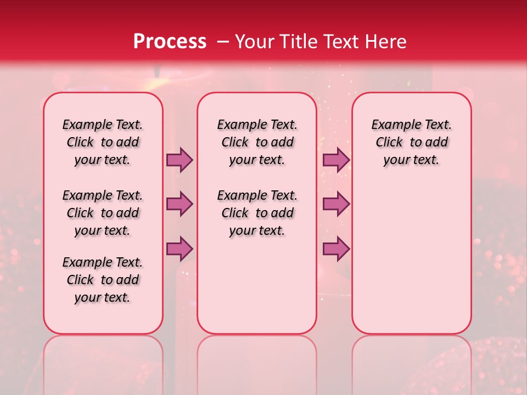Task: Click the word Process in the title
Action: (x=170, y=42)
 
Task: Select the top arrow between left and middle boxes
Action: (x=180, y=160)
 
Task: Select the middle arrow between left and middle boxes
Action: (x=180, y=204)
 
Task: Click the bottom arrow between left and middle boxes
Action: (x=180, y=249)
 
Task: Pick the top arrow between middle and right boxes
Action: (x=336, y=160)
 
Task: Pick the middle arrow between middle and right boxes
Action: (x=336, y=204)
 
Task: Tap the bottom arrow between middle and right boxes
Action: (x=336, y=249)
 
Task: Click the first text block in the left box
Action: (x=103, y=142)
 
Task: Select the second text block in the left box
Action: (x=103, y=213)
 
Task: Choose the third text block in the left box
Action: (x=103, y=280)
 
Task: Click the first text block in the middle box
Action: (x=257, y=142)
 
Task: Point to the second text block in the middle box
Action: (x=257, y=213)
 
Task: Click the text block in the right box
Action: (x=412, y=142)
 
